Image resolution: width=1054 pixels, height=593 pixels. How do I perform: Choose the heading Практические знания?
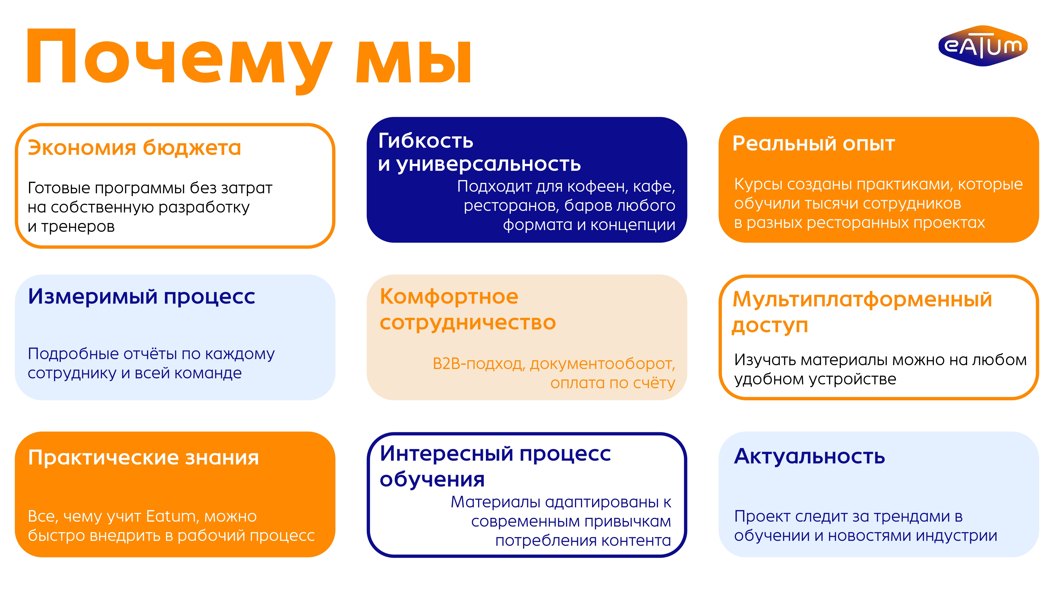143,458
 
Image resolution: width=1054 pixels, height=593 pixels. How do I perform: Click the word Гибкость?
426,141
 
